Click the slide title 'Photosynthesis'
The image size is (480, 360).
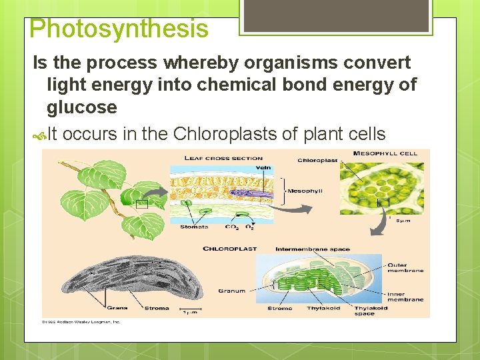click(119, 29)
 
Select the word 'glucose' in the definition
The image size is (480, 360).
click(81, 107)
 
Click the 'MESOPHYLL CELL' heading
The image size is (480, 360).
click(385, 153)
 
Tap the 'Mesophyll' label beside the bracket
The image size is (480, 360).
click(305, 191)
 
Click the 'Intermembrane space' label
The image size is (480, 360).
click(312, 249)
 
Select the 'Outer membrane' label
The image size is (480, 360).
click(405, 268)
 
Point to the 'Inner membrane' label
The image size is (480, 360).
click(405, 297)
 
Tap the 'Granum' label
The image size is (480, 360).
click(231, 291)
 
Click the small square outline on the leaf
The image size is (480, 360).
click(141, 205)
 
